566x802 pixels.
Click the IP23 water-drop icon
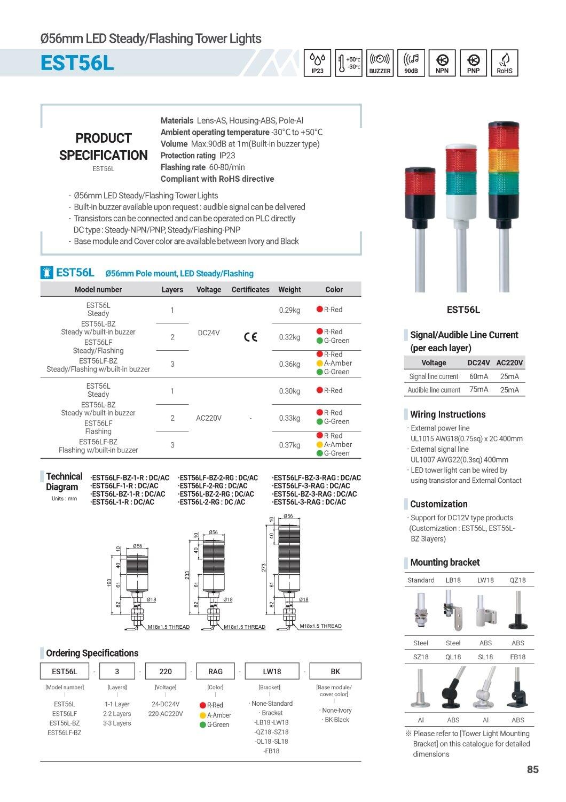point(317,63)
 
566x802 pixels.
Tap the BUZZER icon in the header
point(380,63)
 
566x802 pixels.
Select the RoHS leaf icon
point(504,63)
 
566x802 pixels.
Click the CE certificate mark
point(250,337)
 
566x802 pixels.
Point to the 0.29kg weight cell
point(289,310)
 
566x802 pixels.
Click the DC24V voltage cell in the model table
point(209,333)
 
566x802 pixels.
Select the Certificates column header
point(250,290)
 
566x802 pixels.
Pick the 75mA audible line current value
point(478,390)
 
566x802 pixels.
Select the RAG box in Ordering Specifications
point(215,672)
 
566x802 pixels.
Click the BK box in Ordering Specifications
point(335,672)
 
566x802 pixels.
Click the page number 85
point(532,770)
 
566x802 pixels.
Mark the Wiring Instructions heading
point(447,414)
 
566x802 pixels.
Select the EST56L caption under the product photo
point(463,310)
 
